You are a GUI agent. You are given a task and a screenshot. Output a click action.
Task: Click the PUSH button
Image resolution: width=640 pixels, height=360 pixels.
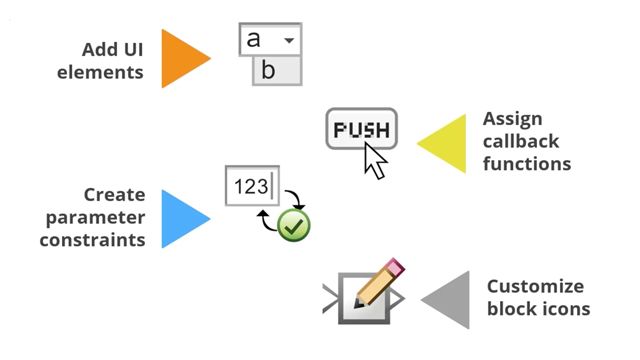click(361, 129)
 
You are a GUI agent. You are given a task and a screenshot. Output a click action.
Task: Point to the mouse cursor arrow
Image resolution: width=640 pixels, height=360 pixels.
click(374, 160)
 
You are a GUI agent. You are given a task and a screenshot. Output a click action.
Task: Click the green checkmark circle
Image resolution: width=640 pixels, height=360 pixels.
click(293, 224)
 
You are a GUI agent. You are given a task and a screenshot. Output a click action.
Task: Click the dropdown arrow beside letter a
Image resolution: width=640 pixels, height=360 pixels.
click(289, 41)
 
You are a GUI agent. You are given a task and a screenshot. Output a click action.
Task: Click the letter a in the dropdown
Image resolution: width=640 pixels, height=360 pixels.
click(254, 39)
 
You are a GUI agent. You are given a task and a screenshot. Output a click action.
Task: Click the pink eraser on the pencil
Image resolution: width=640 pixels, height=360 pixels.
click(393, 267)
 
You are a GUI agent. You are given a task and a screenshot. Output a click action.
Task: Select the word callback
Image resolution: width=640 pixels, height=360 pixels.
click(522, 141)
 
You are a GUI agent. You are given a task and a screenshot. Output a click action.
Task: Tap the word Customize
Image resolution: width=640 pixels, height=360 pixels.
click(534, 286)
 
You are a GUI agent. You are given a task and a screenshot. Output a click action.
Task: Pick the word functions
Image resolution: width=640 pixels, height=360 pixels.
click(527, 163)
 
